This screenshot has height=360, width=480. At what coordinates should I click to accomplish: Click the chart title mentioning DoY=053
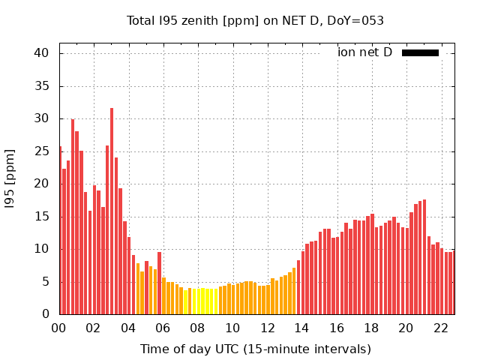pos(255,21)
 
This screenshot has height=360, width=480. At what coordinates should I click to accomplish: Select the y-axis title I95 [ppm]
pos(10,178)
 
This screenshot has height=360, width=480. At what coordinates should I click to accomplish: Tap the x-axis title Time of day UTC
pos(255,349)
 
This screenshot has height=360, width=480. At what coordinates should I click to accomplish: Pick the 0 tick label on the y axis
pos(45,315)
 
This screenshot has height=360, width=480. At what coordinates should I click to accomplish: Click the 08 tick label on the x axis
pos(197,328)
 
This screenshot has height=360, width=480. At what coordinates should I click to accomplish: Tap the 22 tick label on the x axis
pos(441,328)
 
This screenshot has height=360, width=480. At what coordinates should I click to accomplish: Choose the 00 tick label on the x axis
pos(59,328)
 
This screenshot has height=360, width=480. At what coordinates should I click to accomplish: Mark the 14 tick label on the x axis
pos(301,328)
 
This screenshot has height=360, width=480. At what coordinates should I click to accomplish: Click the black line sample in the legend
pos(420,52)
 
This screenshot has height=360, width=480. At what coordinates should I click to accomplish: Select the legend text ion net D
pos(364,52)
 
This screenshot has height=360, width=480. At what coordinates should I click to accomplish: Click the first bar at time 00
pos(61,231)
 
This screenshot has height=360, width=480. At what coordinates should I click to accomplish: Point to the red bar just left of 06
pos(159,283)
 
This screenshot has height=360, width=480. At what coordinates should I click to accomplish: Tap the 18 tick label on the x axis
pos(371,328)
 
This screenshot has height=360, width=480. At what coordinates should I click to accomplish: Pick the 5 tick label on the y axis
pos(45,282)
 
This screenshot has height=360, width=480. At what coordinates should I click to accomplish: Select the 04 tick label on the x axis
pos(128,328)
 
